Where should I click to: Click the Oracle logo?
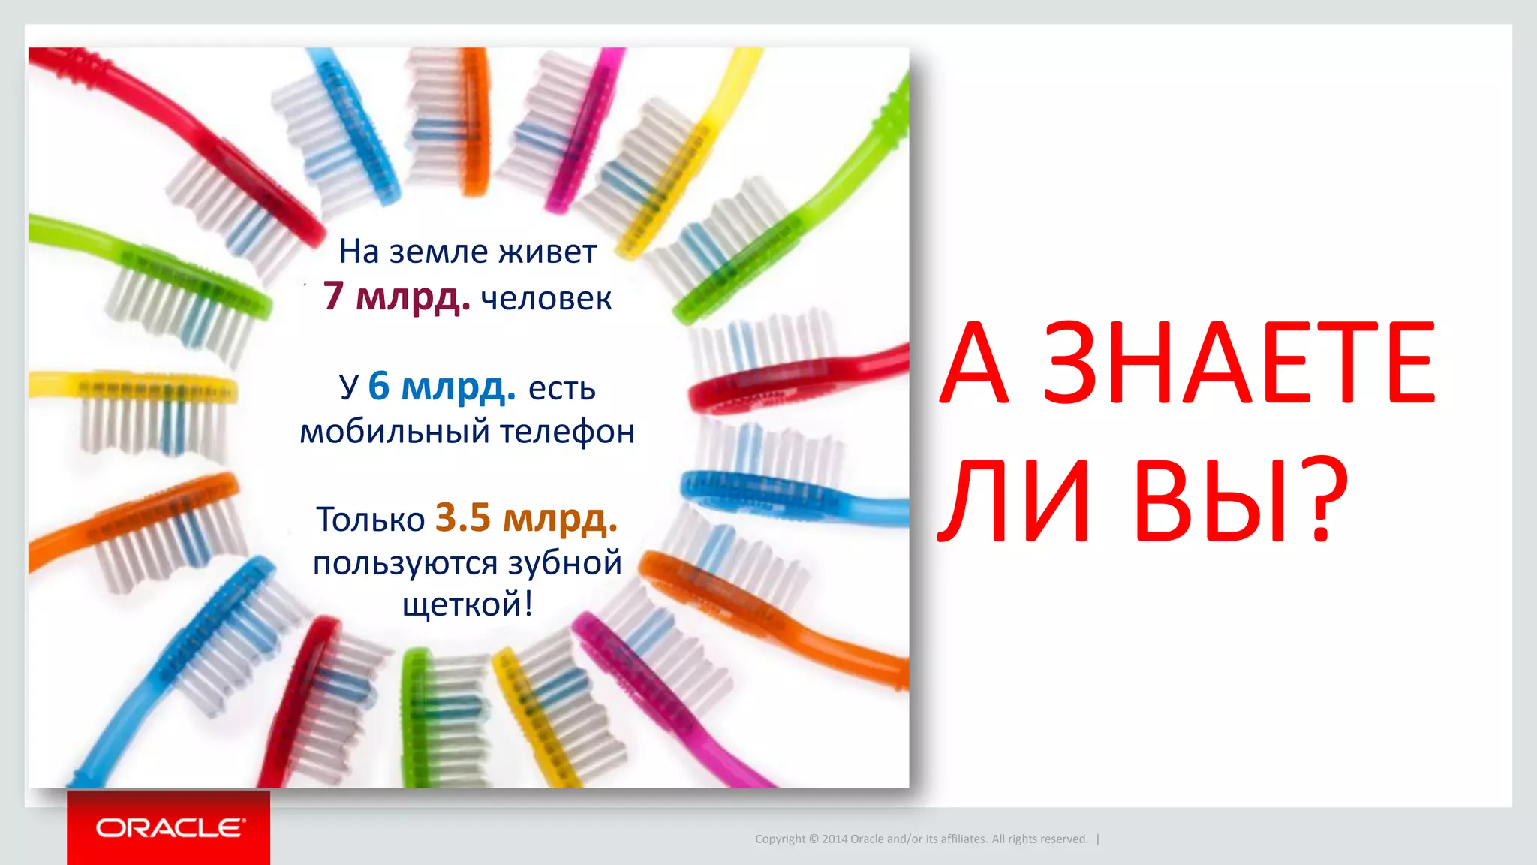tap(170, 827)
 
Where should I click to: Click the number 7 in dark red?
tap(333, 295)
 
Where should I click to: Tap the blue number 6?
tap(379, 386)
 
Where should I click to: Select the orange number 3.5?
tap(462, 517)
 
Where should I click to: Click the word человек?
tap(546, 299)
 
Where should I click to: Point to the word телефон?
tap(567, 432)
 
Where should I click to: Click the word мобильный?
tap(395, 432)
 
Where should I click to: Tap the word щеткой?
tap(467, 604)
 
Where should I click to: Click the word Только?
tap(371, 519)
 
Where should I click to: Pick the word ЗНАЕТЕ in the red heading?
tap(1239, 363)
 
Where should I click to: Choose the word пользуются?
tap(405, 563)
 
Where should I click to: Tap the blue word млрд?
tap(458, 387)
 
